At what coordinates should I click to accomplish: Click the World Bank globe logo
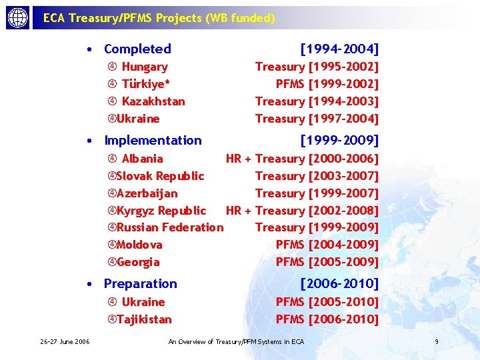click(18, 18)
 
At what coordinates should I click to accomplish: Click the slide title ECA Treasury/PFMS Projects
click(159, 19)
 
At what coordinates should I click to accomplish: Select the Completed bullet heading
click(137, 49)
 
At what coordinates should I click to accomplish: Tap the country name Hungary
click(145, 67)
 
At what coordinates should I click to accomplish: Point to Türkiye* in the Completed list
click(146, 84)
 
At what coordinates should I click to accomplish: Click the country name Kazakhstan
click(153, 101)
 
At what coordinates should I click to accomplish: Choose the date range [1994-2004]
click(339, 49)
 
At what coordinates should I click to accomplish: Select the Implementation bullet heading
click(153, 140)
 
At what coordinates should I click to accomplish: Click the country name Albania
click(142, 159)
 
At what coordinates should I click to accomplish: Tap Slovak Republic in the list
click(160, 176)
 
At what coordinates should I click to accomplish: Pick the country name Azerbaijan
click(147, 193)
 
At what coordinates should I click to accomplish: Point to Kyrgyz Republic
click(161, 211)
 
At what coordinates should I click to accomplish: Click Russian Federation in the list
click(170, 227)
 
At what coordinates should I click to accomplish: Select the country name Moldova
click(139, 245)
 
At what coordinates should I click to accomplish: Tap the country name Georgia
click(138, 262)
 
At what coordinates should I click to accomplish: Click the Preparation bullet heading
click(141, 283)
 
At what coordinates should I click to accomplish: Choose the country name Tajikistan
click(144, 319)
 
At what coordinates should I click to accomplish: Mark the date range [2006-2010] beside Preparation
click(339, 283)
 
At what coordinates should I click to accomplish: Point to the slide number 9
click(436, 342)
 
